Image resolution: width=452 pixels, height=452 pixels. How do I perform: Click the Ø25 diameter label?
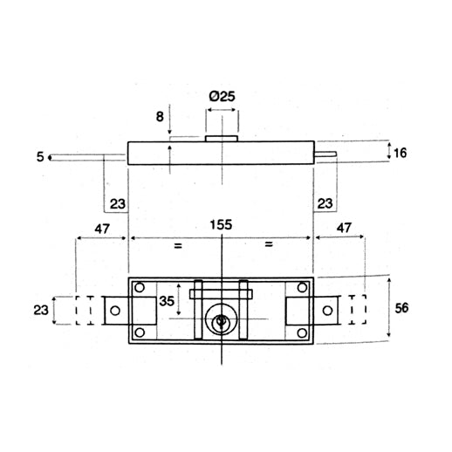pos(223,97)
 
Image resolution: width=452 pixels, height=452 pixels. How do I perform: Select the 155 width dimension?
pos(222,225)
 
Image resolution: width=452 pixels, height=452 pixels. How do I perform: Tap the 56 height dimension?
pos(402,309)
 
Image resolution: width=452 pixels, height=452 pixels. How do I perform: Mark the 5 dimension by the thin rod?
pos(40,157)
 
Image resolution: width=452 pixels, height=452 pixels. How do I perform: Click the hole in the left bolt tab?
pos(114,310)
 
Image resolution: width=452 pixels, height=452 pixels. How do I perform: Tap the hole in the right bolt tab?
pos(327,310)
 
